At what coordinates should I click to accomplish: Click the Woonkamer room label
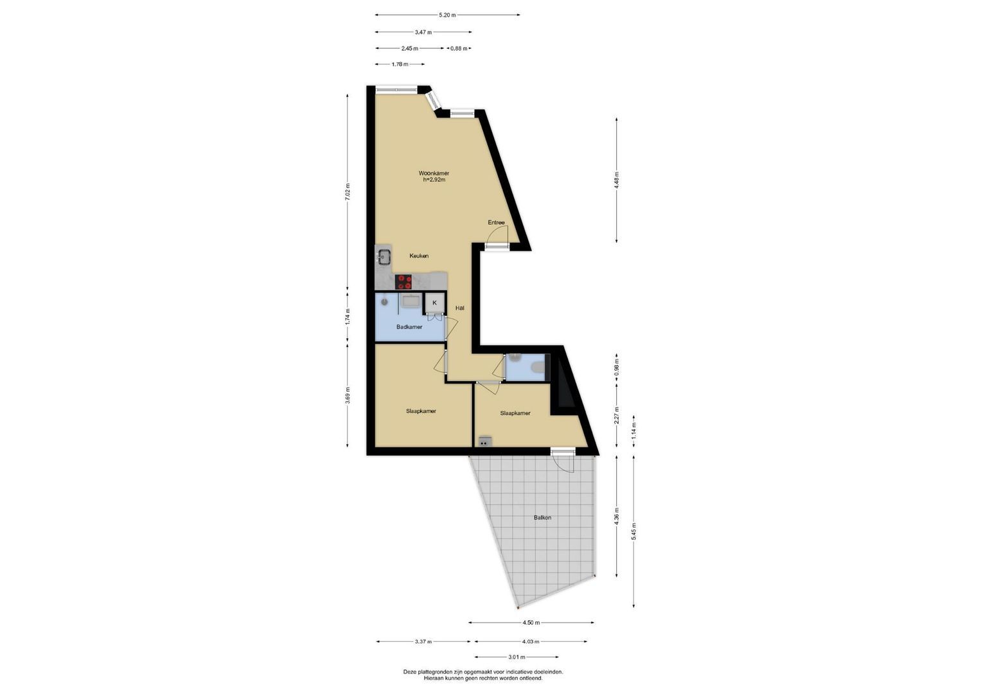tap(434, 173)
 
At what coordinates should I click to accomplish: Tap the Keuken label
tap(419, 256)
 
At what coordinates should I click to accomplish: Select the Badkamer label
tap(409, 327)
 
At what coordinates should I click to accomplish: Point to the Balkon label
tap(542, 517)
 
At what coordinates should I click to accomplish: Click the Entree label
tap(496, 222)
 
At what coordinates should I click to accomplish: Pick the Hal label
tap(460, 308)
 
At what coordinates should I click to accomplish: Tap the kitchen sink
tap(78, 257)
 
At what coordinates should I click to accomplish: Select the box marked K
tap(434, 303)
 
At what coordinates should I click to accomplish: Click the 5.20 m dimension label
tap(447, 15)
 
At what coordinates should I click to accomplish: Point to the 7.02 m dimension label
tap(348, 192)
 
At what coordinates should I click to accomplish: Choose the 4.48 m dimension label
tap(617, 180)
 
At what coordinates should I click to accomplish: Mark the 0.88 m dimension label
tap(459, 49)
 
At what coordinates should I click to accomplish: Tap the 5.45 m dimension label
tap(633, 531)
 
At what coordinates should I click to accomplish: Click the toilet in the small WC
tap(538, 367)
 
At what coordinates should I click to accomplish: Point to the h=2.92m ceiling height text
tap(434, 180)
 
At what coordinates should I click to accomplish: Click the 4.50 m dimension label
tap(531, 623)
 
